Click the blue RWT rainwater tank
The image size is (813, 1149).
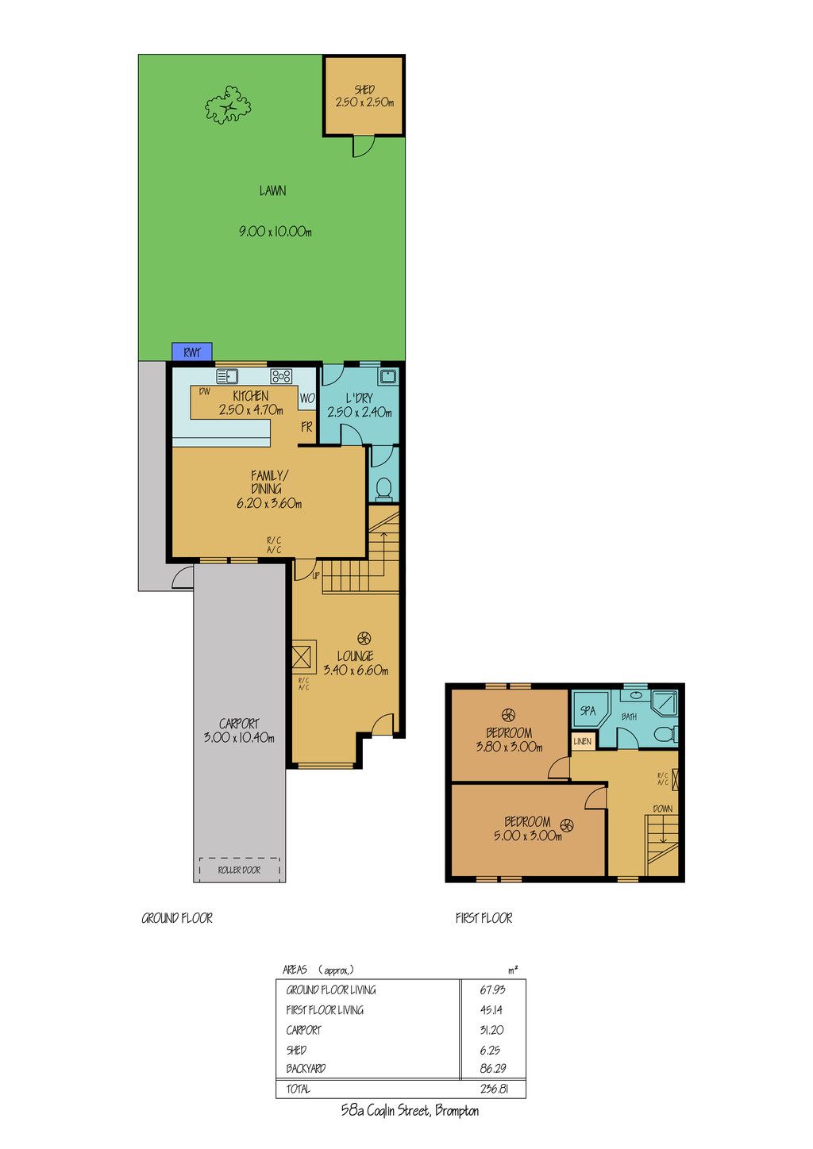(x=192, y=352)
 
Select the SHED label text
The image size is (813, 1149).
(x=364, y=89)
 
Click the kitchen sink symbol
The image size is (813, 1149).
(x=227, y=376)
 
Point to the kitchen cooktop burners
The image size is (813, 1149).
(x=281, y=376)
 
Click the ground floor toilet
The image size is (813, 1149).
(x=383, y=490)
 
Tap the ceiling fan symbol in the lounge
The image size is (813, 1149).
(x=364, y=638)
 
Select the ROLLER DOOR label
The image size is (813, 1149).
(x=239, y=870)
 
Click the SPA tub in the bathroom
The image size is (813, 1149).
(x=589, y=710)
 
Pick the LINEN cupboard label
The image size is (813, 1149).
(x=583, y=741)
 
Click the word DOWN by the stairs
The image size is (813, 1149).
(x=663, y=808)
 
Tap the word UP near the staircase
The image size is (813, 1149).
(x=316, y=575)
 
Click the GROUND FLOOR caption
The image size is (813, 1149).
(x=177, y=917)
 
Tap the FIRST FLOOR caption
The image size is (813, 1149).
(x=484, y=917)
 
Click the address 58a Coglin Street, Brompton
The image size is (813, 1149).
(x=410, y=1111)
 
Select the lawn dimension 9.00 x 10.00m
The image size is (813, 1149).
(x=275, y=232)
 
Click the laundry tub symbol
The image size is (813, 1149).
(x=387, y=375)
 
